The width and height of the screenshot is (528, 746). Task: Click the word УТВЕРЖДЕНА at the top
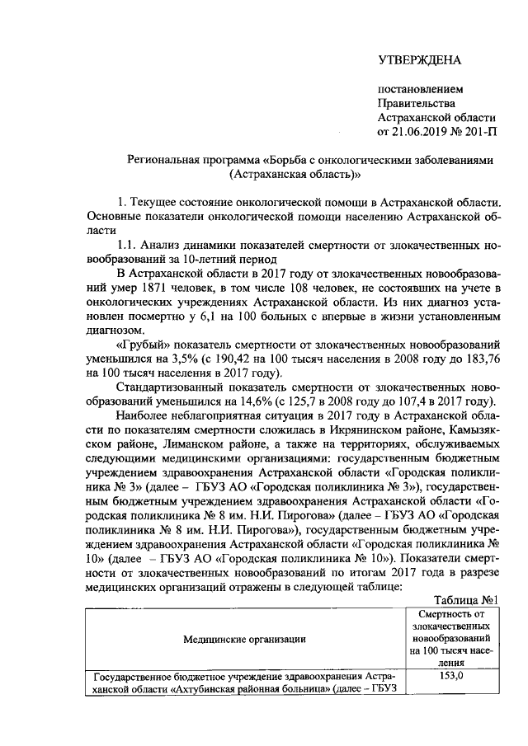pos(419,59)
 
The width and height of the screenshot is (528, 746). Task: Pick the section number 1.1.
pos(128,245)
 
